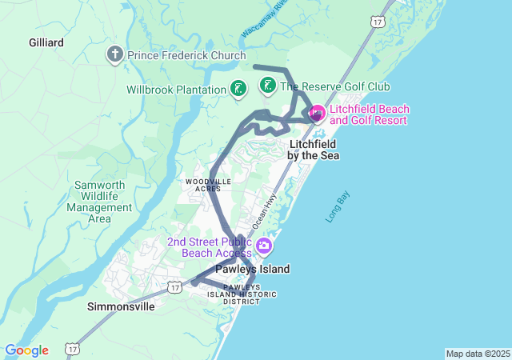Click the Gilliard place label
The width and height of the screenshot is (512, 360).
tap(46, 42)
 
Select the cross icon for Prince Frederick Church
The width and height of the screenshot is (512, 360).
tap(114, 55)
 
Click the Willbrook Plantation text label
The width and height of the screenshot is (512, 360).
tap(176, 90)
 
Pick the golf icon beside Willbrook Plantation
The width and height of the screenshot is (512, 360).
tap(238, 89)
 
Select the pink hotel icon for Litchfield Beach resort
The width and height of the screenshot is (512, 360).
tap(317, 114)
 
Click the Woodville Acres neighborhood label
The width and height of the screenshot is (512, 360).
tap(208, 185)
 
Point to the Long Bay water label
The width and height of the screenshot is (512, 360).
tap(338, 207)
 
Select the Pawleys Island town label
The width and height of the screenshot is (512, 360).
tap(252, 269)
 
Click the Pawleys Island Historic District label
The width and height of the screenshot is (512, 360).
tap(250, 294)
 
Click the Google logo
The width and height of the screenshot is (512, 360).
tap(26, 350)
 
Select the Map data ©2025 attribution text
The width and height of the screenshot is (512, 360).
tap(478, 354)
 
